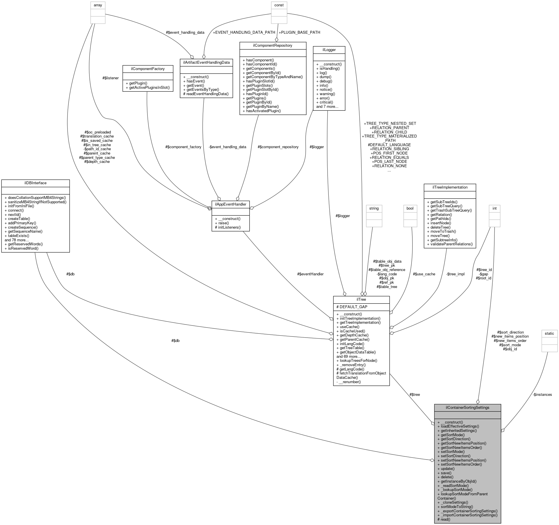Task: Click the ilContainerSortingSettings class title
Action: pyautogui.click(x=467, y=407)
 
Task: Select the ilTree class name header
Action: pyautogui.click(x=361, y=300)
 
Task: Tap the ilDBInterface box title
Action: pyautogui.click(x=35, y=183)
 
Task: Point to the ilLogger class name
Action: pyautogui.click(x=329, y=50)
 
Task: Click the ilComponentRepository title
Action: pyautogui.click(x=273, y=45)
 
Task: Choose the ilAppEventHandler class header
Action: pyautogui.click(x=230, y=204)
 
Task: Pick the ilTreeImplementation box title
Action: pyautogui.click(x=450, y=187)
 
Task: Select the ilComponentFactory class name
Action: pyautogui.click(x=148, y=69)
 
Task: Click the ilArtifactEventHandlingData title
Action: pyautogui.click(x=206, y=62)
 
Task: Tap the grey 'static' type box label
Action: pyautogui.click(x=549, y=333)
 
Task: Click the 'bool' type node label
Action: pyautogui.click(x=410, y=208)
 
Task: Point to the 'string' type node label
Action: pyautogui.click(x=374, y=208)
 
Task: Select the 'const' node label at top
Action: pyautogui.click(x=279, y=5)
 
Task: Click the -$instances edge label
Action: pyautogui.click(x=542, y=394)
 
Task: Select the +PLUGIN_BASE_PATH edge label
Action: pyautogui.click(x=299, y=32)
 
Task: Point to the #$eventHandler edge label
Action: pyautogui.click(x=310, y=274)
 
